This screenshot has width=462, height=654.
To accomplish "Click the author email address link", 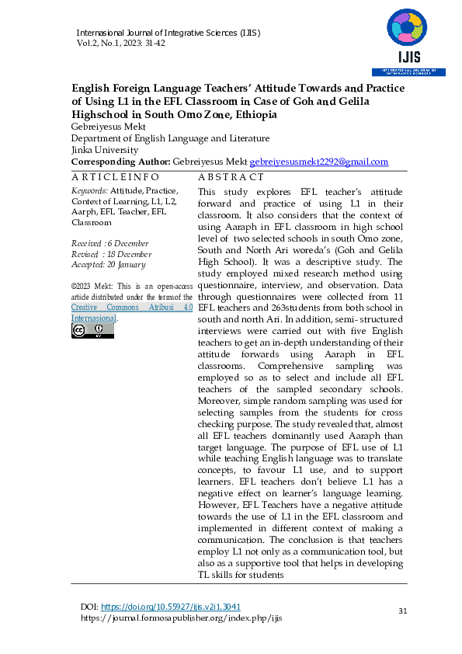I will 318,162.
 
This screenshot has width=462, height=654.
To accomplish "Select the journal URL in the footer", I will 181,618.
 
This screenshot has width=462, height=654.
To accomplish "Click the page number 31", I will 402,611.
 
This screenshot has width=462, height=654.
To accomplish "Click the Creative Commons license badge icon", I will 92,331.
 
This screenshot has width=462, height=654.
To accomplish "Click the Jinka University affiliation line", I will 105,149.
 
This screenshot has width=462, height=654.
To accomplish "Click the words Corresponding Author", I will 120,162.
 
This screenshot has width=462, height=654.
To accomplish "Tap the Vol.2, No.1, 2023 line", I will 120,43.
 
